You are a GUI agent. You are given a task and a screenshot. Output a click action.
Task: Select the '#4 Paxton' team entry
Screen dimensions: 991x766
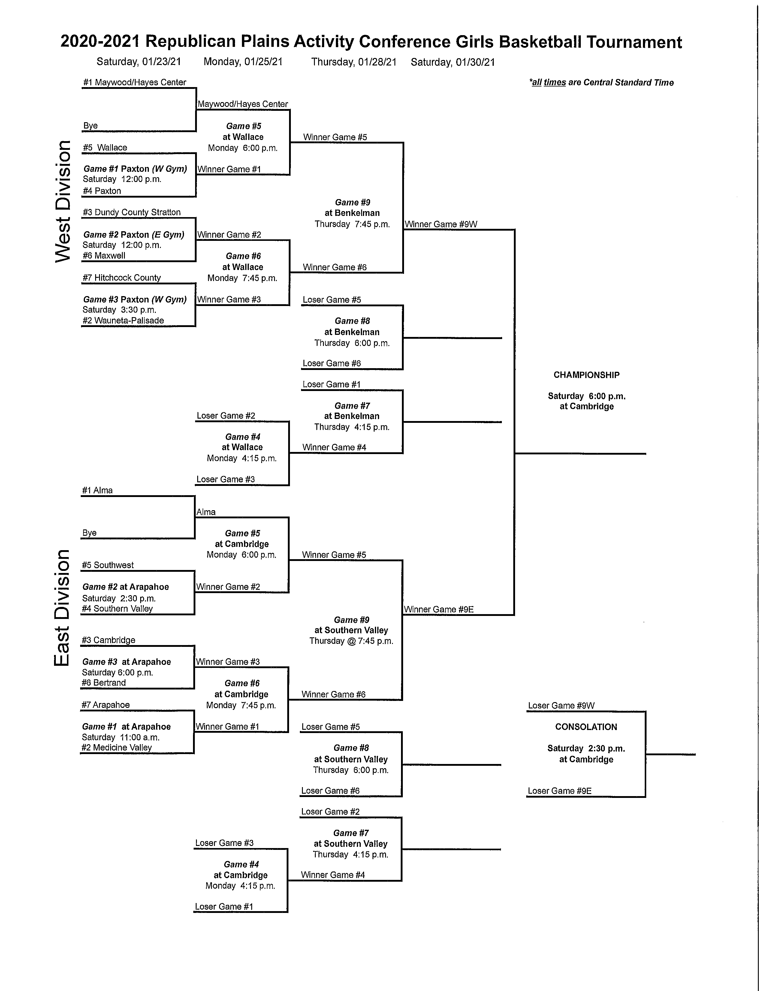coord(102,191)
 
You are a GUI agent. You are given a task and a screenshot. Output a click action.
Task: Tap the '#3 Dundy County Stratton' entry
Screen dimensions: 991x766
coord(131,212)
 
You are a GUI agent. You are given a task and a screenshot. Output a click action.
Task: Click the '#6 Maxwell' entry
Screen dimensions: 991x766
coord(104,256)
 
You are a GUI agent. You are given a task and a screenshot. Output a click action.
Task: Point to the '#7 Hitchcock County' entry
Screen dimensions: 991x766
coord(122,278)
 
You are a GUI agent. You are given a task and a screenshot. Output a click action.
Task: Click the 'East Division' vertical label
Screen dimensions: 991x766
coord(62,608)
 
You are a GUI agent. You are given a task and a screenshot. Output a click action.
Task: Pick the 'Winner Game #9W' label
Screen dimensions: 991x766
coord(441,224)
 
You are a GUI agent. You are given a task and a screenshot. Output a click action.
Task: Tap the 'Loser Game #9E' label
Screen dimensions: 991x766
coord(560,791)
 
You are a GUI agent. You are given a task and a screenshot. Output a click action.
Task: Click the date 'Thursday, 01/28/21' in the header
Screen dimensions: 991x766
coord(354,62)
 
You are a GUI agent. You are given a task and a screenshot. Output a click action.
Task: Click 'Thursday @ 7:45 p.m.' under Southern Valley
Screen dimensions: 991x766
coord(351,641)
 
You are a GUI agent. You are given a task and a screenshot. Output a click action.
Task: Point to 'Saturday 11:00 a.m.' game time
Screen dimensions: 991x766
coord(121,737)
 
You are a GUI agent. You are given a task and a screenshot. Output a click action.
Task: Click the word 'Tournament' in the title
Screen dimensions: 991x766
coord(634,42)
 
